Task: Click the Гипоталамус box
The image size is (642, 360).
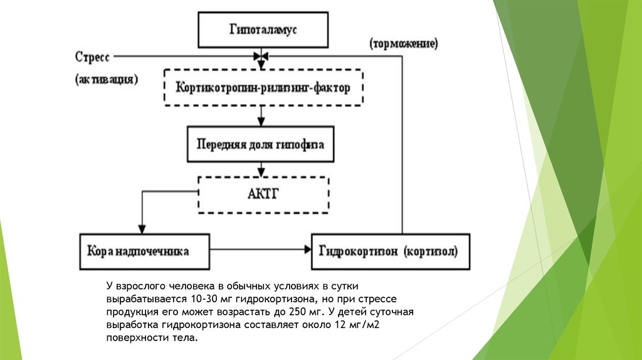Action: click(x=262, y=29)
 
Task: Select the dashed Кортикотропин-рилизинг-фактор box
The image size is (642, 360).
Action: click(x=262, y=88)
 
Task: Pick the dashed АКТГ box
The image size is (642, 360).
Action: click(x=263, y=194)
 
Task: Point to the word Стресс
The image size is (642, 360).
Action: click(x=92, y=57)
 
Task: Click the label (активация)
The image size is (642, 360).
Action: click(x=106, y=80)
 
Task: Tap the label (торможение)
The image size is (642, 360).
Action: click(x=403, y=44)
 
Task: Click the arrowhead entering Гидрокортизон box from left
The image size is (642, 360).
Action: click(x=308, y=251)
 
